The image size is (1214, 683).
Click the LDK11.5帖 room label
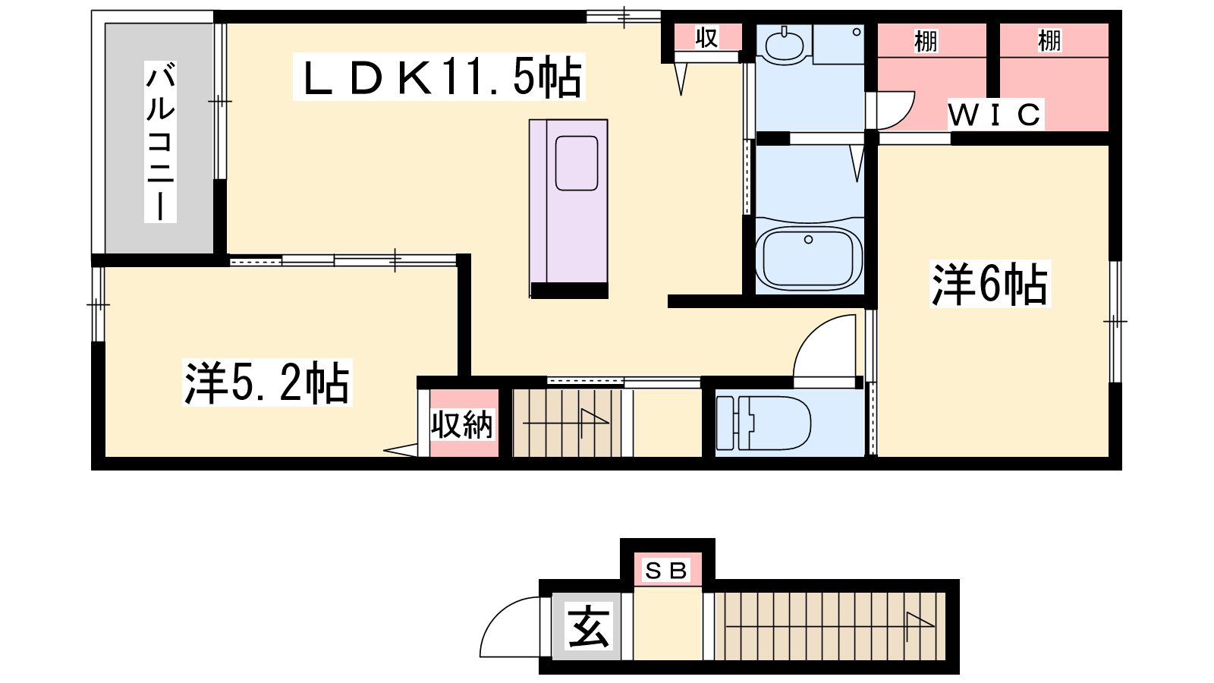439,77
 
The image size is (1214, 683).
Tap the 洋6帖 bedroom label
989,284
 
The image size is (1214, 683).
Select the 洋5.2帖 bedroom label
266,382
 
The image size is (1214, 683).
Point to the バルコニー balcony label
160,141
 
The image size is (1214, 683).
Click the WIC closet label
995,115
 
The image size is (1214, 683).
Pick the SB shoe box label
666,570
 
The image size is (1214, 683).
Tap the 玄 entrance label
589,626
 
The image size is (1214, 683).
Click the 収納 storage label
462,424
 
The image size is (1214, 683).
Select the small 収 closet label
706,37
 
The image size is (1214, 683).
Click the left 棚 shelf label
926,41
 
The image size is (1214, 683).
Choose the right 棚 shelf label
1049,41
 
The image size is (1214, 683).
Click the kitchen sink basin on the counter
577,163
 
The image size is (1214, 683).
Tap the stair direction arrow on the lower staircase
830,626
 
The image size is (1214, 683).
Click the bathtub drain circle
809,240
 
